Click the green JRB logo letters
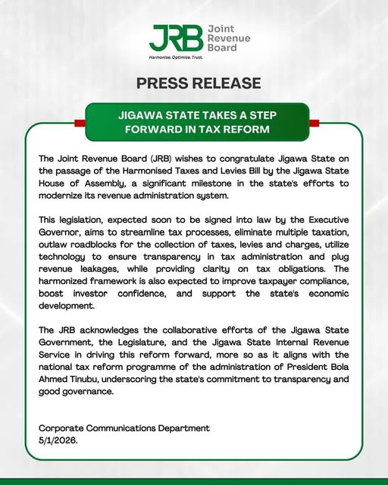pyautogui.click(x=176, y=37)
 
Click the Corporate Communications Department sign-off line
pyautogui.click(x=124, y=428)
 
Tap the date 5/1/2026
pyautogui.click(x=58, y=440)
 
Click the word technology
pyautogui.click(x=66, y=256)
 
